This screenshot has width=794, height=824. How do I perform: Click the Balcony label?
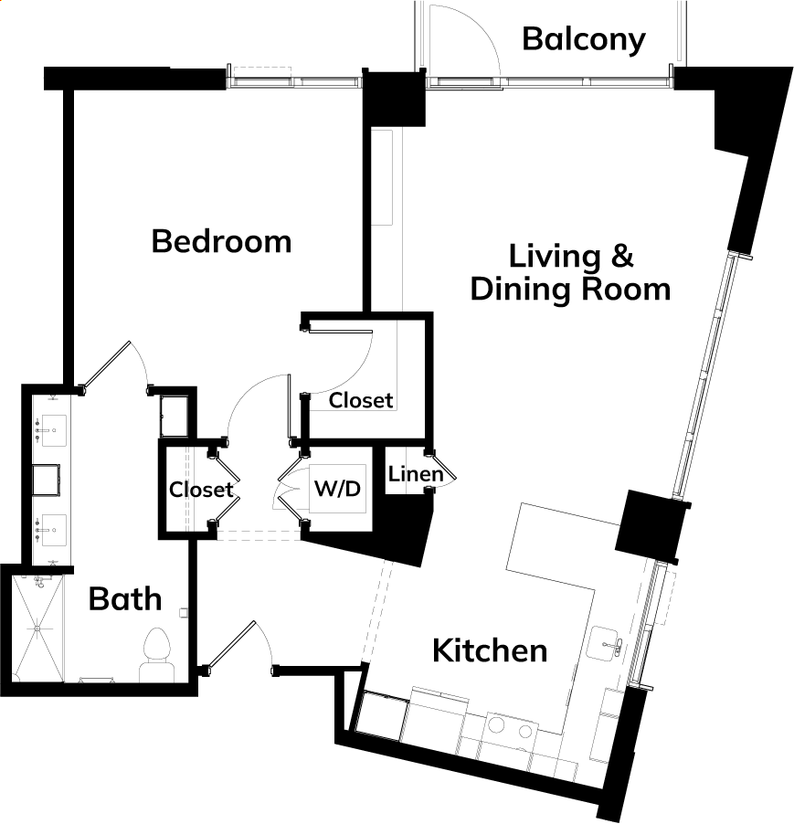[x=583, y=40]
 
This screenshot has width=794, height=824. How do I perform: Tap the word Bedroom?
[x=221, y=241]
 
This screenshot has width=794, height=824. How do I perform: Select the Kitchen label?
[x=490, y=650]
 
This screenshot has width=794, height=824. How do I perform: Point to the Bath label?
[x=125, y=598]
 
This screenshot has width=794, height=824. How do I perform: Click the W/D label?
[x=337, y=489]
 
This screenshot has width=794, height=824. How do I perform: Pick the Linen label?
[x=416, y=474]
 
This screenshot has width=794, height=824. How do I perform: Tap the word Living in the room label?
[x=555, y=257]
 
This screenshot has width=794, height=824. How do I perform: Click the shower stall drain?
[x=37, y=629]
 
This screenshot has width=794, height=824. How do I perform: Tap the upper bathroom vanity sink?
[x=51, y=430]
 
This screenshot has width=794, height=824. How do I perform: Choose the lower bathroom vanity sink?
[x=51, y=530]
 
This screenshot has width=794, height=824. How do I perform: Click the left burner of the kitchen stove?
[x=495, y=725]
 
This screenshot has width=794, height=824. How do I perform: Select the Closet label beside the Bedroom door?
[x=361, y=400]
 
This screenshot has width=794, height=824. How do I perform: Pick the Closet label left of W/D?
[x=201, y=490]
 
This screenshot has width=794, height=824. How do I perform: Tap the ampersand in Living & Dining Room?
[x=623, y=256]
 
